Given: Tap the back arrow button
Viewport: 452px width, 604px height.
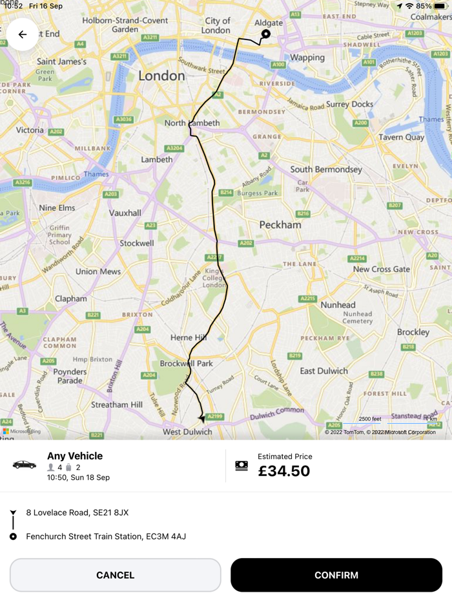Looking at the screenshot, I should click(x=23, y=35).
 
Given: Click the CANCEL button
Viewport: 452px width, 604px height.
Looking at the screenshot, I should click(x=115, y=575).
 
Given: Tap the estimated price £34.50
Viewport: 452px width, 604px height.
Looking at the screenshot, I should click(x=284, y=471).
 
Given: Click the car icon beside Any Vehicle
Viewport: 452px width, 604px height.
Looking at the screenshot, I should click(x=25, y=465).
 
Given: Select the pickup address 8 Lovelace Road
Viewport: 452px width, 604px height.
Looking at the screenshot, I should click(x=77, y=512).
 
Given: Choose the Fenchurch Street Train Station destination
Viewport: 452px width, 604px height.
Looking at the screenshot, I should click(x=106, y=536).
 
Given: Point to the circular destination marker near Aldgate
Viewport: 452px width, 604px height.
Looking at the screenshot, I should click(x=265, y=34).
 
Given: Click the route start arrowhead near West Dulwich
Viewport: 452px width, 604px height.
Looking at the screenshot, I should click(x=201, y=419).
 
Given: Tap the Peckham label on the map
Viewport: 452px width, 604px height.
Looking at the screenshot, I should click(x=280, y=225).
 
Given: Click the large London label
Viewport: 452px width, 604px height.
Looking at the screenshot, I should click(x=161, y=76).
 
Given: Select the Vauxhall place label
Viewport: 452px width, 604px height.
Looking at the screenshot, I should click(x=125, y=213).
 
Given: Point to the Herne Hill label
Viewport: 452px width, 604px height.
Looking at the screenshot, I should click(x=189, y=338).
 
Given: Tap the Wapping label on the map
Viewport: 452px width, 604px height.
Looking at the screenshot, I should click(x=307, y=58).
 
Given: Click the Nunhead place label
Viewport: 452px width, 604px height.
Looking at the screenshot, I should click(x=338, y=305).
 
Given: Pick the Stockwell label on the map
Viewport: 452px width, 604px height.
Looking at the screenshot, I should click(x=136, y=243).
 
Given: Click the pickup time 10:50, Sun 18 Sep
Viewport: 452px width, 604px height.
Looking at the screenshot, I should click(x=78, y=477).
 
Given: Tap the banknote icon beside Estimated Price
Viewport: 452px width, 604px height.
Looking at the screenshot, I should click(x=241, y=466).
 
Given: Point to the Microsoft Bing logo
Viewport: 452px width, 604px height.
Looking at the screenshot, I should click(x=22, y=431).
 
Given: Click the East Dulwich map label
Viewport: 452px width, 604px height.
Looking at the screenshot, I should click(x=324, y=371).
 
